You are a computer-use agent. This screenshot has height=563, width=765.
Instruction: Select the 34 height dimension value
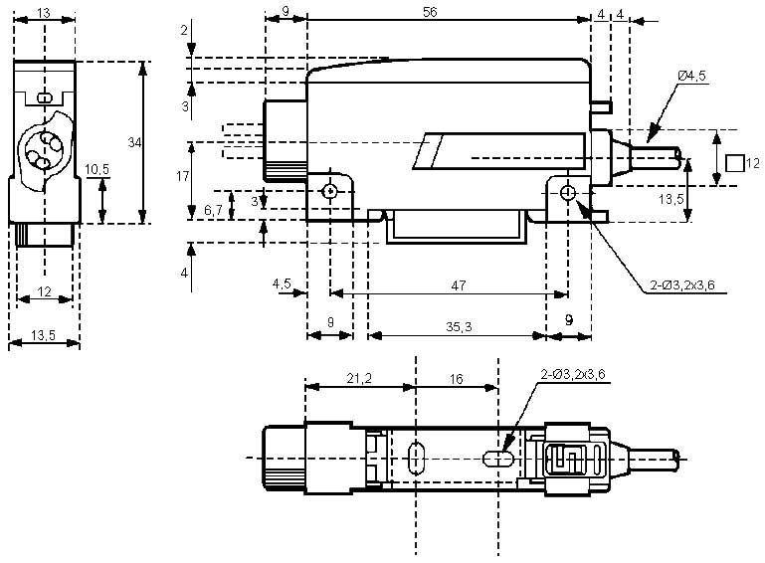point(134,143)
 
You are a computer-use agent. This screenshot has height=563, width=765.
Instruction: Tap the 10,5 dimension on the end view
point(97,170)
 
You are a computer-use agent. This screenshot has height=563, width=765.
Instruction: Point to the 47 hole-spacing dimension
point(459,284)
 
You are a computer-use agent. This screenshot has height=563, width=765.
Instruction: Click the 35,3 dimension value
point(459,325)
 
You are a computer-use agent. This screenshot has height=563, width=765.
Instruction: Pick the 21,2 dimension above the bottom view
point(359,378)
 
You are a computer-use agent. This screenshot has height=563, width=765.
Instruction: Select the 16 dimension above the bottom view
point(456,378)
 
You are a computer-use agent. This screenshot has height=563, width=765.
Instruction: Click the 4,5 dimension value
point(282,284)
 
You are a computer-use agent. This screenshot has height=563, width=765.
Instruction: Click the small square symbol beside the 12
point(733,162)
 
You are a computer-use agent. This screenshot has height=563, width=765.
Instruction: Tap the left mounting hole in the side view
point(329,191)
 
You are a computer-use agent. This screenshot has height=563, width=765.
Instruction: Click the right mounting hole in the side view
point(567,191)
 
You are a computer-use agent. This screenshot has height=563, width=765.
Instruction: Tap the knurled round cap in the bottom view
point(284,458)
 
